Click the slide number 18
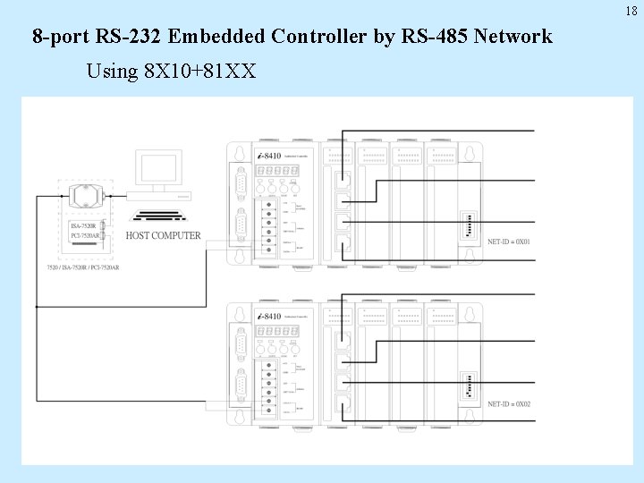point(631,11)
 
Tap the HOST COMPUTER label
point(163,235)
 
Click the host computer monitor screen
point(157,168)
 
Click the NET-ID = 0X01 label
point(510,242)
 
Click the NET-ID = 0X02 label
point(510,403)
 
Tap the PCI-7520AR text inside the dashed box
point(86,236)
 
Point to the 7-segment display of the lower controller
point(277,331)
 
